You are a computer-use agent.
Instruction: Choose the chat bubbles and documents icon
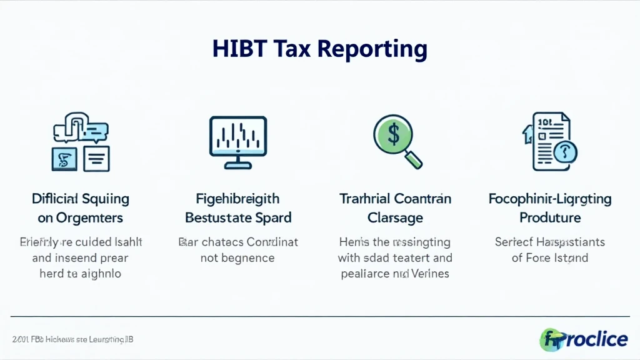click(81, 142)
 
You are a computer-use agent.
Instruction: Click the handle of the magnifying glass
click(413, 160)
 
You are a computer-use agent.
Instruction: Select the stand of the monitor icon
click(237, 164)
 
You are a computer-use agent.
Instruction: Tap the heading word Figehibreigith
click(237, 199)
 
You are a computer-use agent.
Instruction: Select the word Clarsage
click(394, 218)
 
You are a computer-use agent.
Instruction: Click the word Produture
click(550, 218)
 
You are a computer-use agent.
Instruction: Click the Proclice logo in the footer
click(584, 339)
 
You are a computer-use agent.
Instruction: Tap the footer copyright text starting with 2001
click(72, 339)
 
